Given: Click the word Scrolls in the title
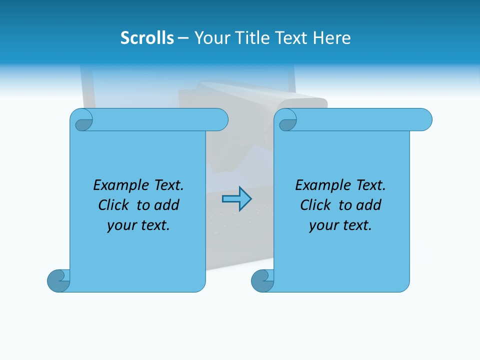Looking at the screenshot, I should [x=147, y=38].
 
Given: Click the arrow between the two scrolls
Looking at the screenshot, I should [x=236, y=199].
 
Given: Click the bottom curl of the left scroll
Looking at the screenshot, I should [x=59, y=281].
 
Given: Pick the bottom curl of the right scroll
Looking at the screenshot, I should [x=262, y=281].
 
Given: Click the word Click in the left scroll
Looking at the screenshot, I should [x=114, y=205].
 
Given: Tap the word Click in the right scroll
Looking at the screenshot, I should [x=316, y=205].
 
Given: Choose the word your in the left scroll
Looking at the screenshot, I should [x=120, y=226].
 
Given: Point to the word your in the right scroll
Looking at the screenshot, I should [x=322, y=226].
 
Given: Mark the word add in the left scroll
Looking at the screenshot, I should [x=166, y=205].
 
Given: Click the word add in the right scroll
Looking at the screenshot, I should [x=368, y=205].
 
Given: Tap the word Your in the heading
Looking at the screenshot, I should [x=209, y=38].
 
